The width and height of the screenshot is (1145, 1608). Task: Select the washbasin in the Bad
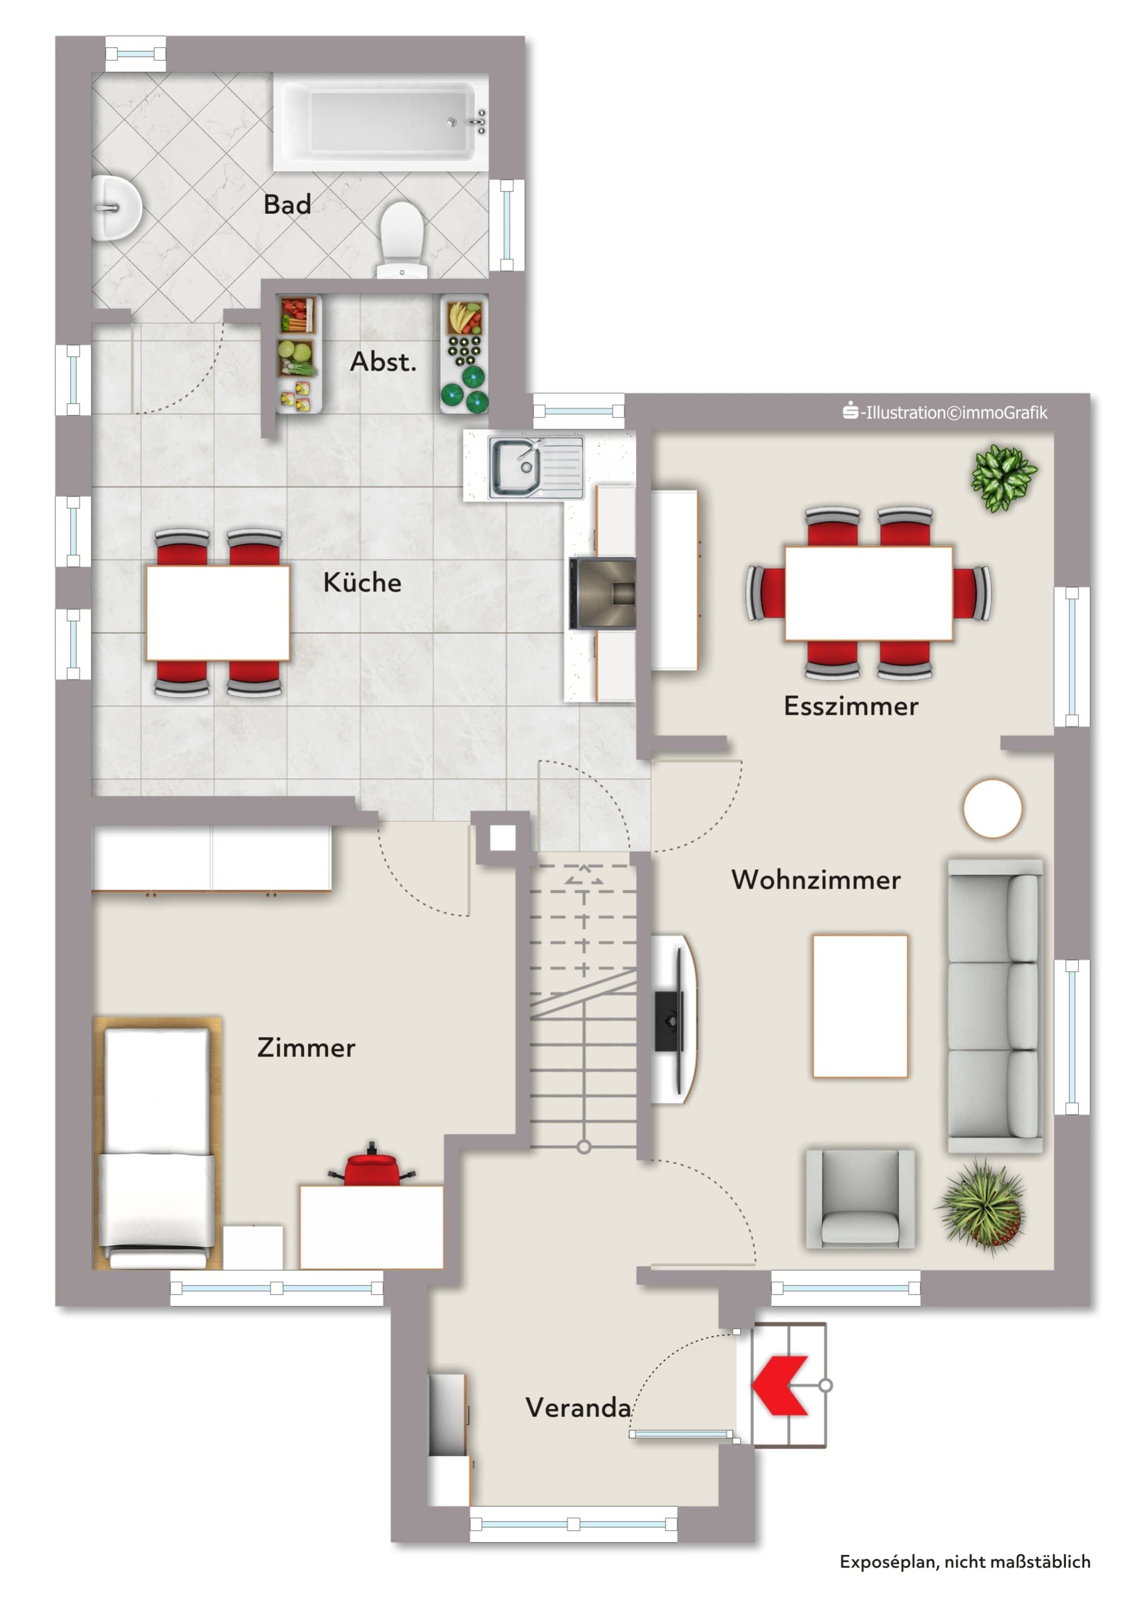coord(115,208)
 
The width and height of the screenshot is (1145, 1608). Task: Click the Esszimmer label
coord(851,706)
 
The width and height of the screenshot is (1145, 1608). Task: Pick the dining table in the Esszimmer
coord(868,593)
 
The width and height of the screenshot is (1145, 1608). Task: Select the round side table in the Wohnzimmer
coord(993,808)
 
